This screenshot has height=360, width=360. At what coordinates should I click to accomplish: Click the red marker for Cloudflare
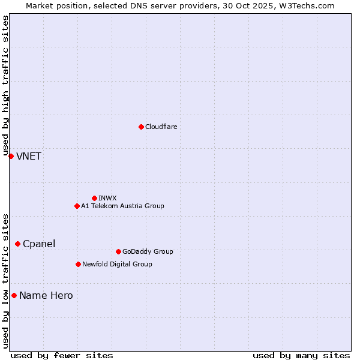141,127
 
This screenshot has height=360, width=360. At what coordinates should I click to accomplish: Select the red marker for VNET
11,156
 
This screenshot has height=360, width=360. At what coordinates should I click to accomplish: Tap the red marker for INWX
94,198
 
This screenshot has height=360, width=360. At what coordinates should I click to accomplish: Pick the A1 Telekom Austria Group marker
77,206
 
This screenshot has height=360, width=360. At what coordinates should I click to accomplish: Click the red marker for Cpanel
17,244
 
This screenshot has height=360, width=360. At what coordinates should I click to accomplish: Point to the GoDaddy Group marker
118,251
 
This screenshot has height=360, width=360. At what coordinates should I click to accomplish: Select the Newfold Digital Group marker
78,264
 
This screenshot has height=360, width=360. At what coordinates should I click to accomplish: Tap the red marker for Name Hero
14,295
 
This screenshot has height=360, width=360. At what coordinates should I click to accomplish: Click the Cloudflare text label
161,127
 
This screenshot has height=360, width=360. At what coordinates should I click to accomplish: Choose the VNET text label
29,156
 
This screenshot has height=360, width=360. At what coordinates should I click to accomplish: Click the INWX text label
108,198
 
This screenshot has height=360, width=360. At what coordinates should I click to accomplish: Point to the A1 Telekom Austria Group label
122,206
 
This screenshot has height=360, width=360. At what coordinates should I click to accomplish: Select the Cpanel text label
39,244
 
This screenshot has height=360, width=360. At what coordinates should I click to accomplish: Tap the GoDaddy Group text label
148,251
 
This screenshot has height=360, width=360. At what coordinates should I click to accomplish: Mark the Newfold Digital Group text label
117,264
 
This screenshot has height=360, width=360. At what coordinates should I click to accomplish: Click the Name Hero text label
46,295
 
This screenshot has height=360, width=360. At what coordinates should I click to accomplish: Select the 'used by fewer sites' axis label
62,355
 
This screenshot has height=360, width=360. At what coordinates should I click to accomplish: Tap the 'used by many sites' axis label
301,355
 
